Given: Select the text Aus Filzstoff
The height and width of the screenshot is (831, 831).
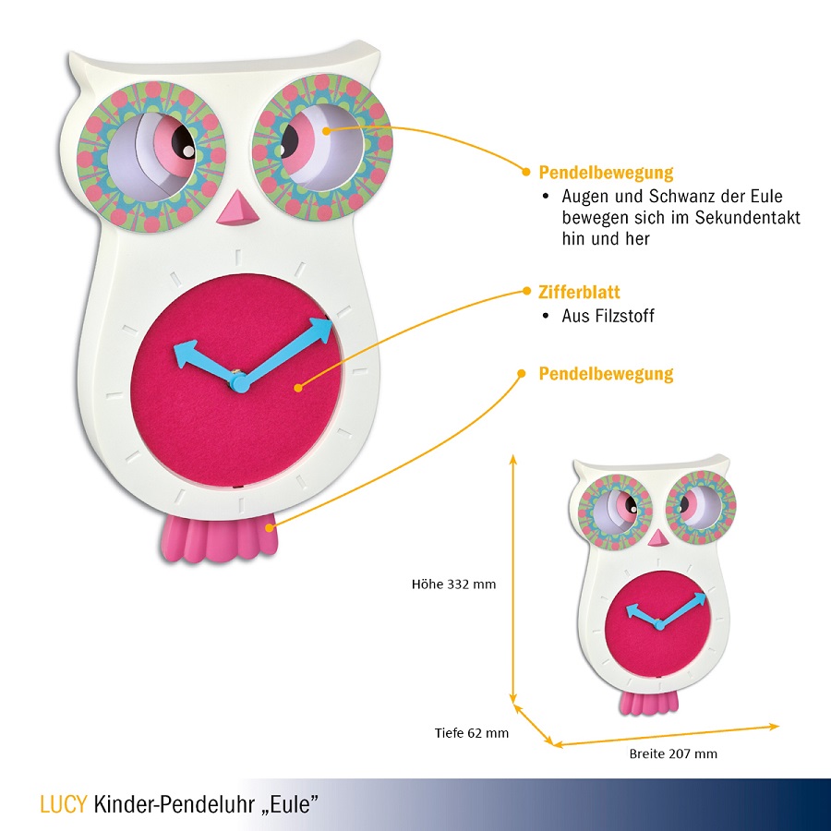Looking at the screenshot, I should click(x=608, y=316).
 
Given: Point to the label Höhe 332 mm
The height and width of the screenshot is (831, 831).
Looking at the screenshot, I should click(x=453, y=584).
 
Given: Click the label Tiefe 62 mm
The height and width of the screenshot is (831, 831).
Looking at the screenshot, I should click(x=472, y=733).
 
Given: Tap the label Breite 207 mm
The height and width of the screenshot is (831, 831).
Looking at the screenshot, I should click(x=673, y=753).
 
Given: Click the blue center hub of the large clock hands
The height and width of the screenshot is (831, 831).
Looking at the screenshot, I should click(x=237, y=381).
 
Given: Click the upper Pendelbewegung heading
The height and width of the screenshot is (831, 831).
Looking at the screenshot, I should click(x=606, y=173).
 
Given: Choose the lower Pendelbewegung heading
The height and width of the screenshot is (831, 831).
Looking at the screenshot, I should click(x=606, y=374).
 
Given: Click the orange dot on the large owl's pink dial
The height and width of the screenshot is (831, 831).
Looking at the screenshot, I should click(x=298, y=389).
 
